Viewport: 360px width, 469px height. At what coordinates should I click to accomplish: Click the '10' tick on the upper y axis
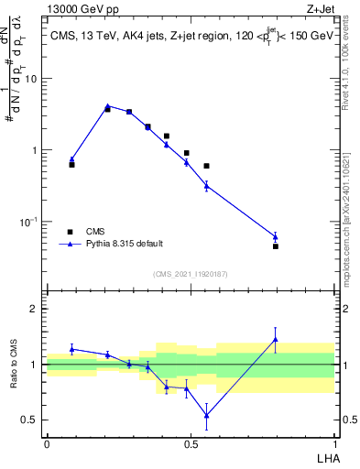pyautogui.click(x=30, y=79)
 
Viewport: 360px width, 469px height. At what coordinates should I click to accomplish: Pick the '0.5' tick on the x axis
pyautogui.click(x=191, y=443)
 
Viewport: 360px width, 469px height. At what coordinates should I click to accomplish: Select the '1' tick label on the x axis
pyautogui.click(x=334, y=443)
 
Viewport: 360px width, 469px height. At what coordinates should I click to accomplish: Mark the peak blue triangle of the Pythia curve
pyautogui.click(x=107, y=106)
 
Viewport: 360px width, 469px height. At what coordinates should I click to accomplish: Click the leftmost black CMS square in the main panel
pyautogui.click(x=71, y=165)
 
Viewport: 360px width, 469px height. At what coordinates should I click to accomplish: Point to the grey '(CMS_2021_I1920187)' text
pyautogui.click(x=190, y=273)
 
